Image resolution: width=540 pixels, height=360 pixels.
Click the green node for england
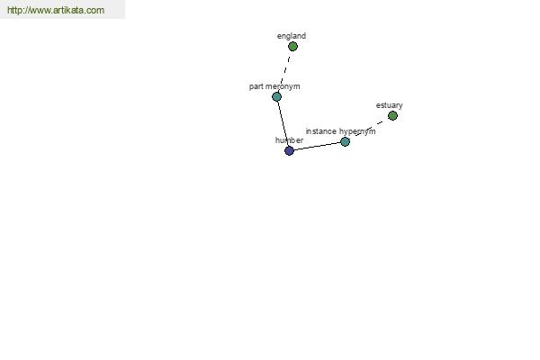[292, 47]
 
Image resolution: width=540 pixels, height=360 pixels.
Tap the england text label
[292, 36]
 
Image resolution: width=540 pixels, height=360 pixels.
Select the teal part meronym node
[276, 97]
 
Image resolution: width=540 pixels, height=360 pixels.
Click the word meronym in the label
[283, 86]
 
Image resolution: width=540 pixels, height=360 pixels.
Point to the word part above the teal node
[256, 86]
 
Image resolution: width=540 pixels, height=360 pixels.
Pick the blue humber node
[289, 150]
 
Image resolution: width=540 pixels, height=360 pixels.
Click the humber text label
[289, 140]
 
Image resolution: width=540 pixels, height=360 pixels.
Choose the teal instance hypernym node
[345, 141]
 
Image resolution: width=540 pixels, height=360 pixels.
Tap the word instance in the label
[321, 131]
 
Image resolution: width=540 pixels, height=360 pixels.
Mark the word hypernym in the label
[357, 131]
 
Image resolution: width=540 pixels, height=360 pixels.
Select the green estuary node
[392, 116]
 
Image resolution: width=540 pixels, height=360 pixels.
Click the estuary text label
[389, 105]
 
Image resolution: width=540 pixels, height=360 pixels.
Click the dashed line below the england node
[285, 70]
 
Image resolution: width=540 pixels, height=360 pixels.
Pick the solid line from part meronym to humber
[283, 123]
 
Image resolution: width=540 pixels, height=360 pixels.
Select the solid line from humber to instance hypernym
[317, 146]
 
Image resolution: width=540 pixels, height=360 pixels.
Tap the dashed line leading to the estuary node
[369, 129]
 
